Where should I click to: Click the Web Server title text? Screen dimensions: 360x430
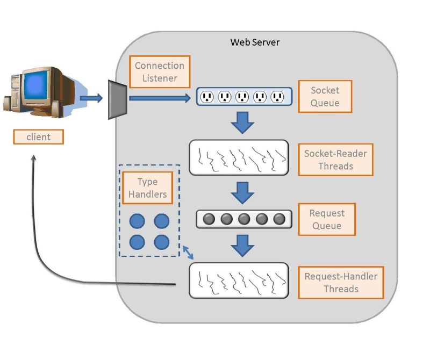(x=255, y=42)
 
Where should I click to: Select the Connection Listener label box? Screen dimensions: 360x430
(x=160, y=72)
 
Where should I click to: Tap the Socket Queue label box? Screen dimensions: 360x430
(x=325, y=97)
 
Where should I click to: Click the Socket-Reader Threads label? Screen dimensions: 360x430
(x=335, y=160)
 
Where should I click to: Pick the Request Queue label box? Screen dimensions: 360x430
(x=327, y=219)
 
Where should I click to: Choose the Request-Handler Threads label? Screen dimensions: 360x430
(x=341, y=283)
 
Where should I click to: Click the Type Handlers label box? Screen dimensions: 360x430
(x=148, y=188)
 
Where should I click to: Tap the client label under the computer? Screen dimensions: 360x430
(x=38, y=137)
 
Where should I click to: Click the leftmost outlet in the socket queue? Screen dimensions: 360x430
(x=207, y=97)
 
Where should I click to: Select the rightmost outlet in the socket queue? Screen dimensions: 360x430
(x=277, y=97)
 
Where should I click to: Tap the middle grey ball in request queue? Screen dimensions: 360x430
(x=244, y=219)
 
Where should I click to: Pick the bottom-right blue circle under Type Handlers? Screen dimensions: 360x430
(x=162, y=242)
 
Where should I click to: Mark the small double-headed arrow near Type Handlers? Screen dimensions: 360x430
(x=188, y=251)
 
